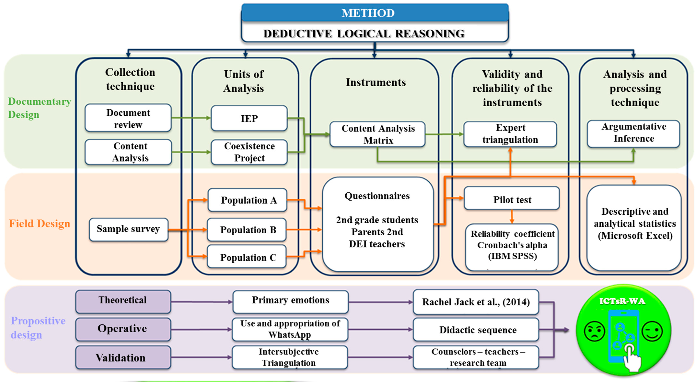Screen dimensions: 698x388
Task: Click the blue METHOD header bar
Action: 375,12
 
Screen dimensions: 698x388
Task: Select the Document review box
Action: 128,118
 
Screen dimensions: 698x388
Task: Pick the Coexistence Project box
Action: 249,152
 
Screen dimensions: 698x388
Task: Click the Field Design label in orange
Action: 40,224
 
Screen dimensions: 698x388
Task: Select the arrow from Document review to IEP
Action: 191,118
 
